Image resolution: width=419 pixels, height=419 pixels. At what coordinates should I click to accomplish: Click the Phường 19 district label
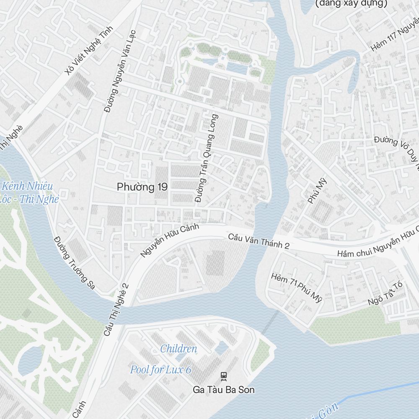click(x=142, y=187)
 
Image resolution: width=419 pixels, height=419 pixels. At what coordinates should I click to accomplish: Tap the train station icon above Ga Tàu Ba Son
click(x=224, y=376)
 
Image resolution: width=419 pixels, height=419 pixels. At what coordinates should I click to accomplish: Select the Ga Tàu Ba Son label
click(x=224, y=390)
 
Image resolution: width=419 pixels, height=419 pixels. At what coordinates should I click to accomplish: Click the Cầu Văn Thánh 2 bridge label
click(x=259, y=242)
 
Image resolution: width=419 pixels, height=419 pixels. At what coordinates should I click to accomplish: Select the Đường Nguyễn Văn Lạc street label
click(x=121, y=70)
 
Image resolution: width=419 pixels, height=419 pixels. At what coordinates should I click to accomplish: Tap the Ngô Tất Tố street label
click(x=385, y=294)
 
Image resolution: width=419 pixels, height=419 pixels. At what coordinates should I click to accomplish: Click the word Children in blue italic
click(x=178, y=349)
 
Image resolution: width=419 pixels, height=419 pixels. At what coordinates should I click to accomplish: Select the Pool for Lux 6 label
click(x=160, y=370)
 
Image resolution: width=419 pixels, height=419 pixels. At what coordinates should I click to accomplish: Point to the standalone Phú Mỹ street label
click(x=317, y=191)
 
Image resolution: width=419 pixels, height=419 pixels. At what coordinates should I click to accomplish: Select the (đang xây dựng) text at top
click(x=351, y=3)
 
